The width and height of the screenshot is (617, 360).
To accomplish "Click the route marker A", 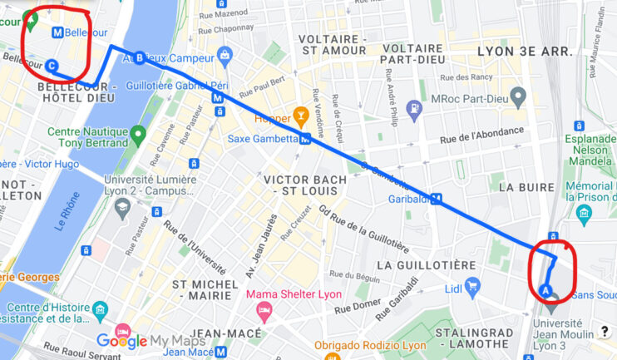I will pyautogui.click(x=545, y=289).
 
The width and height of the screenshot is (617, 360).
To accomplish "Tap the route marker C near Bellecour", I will pyautogui.click(x=52, y=66).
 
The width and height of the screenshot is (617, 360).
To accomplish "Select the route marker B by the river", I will pyautogui.click(x=140, y=57).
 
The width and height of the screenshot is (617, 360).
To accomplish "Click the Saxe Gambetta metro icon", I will pyautogui.click(x=306, y=139).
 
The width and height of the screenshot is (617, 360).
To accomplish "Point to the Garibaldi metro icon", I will pyautogui.click(x=436, y=200).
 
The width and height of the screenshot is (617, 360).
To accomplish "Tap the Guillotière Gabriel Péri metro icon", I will pyautogui.click(x=218, y=96).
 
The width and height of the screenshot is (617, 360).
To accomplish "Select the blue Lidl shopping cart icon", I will pyautogui.click(x=473, y=288).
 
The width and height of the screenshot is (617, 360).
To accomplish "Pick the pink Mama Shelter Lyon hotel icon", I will pyautogui.click(x=264, y=312).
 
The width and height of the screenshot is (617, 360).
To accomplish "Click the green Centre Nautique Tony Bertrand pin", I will pyautogui.click(x=138, y=133).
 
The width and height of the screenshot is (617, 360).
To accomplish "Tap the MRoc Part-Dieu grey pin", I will pyautogui.click(x=519, y=97).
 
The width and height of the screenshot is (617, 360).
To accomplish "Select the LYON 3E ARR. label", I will pyautogui.click(x=526, y=52).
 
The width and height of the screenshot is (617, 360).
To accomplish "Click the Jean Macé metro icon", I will pyautogui.click(x=221, y=353).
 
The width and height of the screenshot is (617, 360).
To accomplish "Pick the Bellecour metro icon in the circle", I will pyautogui.click(x=57, y=32).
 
